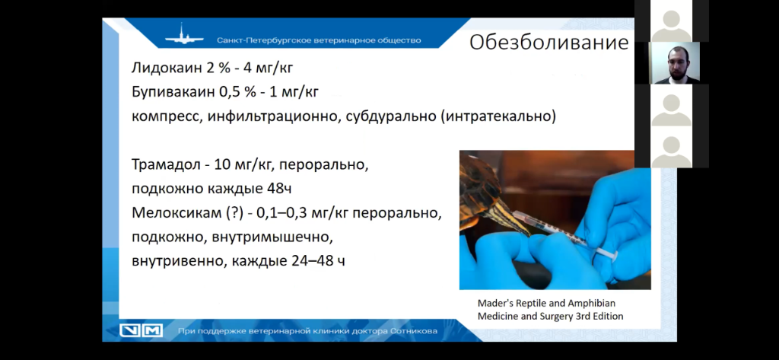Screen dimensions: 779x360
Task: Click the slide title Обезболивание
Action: [549, 43]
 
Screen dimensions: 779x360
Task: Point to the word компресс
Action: [166, 117]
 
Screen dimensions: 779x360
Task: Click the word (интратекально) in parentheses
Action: [498, 117]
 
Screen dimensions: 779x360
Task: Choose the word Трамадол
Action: [165, 164]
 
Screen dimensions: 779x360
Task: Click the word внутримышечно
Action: [272, 237]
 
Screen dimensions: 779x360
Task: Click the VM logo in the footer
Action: [141, 330]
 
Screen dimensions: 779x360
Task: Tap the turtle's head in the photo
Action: [497, 215]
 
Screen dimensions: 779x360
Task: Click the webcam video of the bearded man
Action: [674, 62]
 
